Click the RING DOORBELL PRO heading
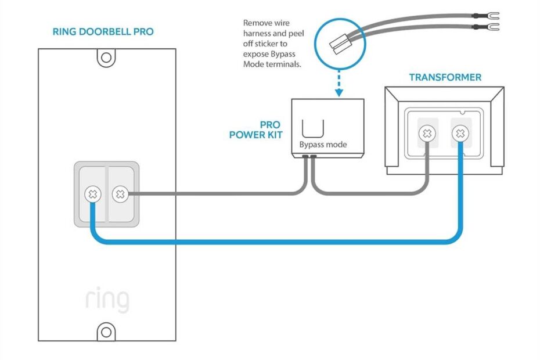pos(103,31)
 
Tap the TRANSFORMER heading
pos(445,77)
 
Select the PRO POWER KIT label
pos(255,130)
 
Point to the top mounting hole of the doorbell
pos(106,57)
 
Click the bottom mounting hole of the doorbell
pos(106,332)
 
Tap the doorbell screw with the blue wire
pos(92,195)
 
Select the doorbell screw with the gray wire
pos(120,195)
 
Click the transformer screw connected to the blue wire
pos(460,134)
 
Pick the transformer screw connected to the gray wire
pos(428,134)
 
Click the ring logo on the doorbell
pos(107,300)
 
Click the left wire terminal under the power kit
pos(304,157)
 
